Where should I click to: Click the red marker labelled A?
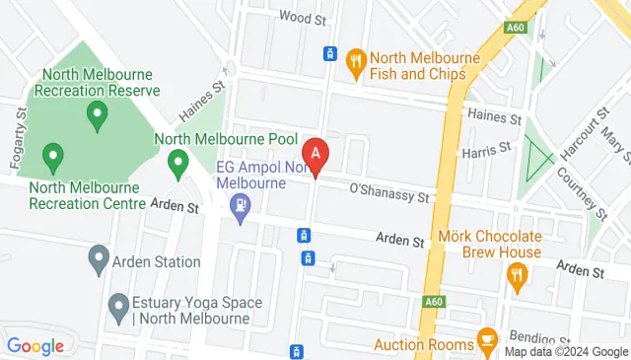click(x=315, y=155)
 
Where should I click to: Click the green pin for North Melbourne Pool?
click(x=178, y=163)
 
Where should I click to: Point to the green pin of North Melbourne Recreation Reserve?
click(x=97, y=116)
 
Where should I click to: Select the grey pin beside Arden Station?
click(x=98, y=261)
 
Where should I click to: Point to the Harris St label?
click(x=485, y=149)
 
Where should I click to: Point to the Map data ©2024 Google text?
click(x=565, y=352)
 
